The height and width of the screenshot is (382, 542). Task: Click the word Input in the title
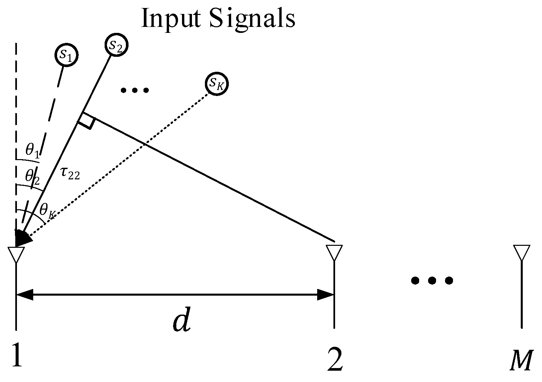coord(171,18)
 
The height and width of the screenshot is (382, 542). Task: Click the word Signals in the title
coord(252,18)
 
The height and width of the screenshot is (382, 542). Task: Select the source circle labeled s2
coord(116,45)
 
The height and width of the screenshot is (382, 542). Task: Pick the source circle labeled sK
coord(217,84)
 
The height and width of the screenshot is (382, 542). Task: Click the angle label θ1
coord(32,150)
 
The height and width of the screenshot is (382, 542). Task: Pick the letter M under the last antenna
coord(521,360)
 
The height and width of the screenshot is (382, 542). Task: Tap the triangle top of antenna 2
coord(334,252)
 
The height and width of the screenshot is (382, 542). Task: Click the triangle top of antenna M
coord(521,252)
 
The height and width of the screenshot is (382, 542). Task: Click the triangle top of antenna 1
coord(16,254)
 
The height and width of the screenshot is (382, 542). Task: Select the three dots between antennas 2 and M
coord(432,281)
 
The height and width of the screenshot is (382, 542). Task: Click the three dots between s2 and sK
coord(135,90)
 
